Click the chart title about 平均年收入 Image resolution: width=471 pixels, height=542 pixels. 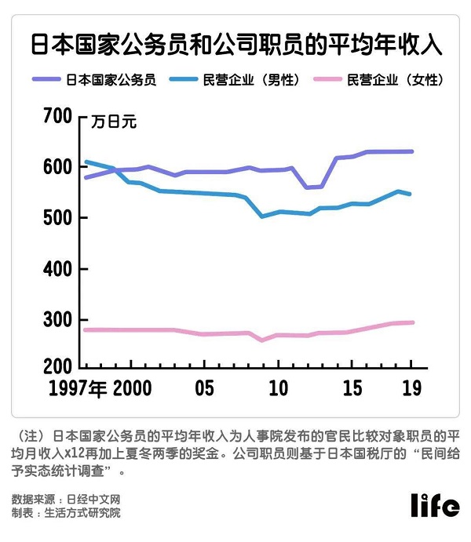click(236, 45)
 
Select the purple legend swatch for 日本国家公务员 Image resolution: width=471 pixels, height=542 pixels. click(46, 79)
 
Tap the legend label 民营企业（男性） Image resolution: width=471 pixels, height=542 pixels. click(251, 80)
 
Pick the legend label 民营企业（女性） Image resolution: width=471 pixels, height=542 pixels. click(396, 80)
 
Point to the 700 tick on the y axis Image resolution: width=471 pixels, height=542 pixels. click(58, 116)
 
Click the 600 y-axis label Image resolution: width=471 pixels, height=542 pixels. click(58, 167)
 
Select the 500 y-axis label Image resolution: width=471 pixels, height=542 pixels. click(58, 218)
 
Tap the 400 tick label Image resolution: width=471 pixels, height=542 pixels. click(58, 269)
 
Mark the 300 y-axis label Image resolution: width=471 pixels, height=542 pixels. click(58, 320)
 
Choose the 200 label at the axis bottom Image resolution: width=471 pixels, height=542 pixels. click(58, 367)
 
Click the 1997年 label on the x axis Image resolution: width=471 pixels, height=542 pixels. click(78, 388)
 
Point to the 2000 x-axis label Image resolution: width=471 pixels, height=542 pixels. click(133, 387)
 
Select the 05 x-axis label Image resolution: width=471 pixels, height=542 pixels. click(204, 387)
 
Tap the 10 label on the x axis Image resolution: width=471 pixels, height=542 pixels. click(279, 387)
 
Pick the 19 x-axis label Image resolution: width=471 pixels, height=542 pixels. click(412, 387)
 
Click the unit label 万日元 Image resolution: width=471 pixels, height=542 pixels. click(114, 122)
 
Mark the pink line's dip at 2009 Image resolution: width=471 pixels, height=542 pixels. click(262, 340)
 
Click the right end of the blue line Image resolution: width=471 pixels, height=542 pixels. click(410, 194)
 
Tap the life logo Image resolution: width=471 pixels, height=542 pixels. click(435, 505)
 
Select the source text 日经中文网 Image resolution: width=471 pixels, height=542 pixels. click(93, 499)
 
